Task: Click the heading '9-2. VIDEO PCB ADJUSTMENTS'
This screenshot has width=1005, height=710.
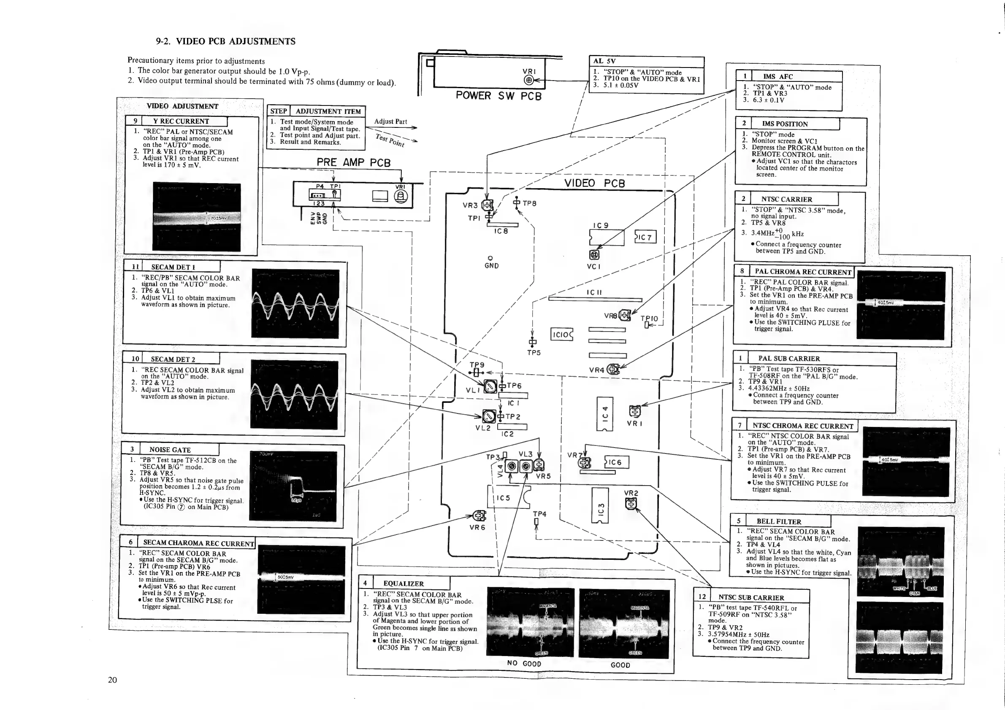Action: (226, 42)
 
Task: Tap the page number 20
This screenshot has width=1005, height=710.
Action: (113, 679)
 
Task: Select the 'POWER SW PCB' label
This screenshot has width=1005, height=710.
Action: (498, 96)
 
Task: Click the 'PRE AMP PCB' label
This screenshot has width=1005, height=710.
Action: (353, 162)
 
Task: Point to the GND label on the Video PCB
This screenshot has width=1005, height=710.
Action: (492, 265)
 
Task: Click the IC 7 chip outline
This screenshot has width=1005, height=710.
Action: (645, 237)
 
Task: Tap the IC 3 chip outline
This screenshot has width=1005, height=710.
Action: (601, 505)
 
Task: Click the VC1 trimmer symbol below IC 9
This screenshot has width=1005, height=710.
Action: (594, 255)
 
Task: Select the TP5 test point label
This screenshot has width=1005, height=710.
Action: (534, 353)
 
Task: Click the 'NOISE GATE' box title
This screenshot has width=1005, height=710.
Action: (170, 450)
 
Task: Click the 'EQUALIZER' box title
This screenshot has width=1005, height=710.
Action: (403, 583)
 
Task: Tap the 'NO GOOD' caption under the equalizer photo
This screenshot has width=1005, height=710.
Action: (524, 663)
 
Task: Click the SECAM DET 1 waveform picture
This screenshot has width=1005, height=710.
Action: (295, 304)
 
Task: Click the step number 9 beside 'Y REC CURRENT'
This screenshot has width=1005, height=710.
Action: (135, 121)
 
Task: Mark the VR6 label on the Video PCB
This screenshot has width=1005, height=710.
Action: (477, 528)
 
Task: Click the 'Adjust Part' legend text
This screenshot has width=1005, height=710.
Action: (390, 121)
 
